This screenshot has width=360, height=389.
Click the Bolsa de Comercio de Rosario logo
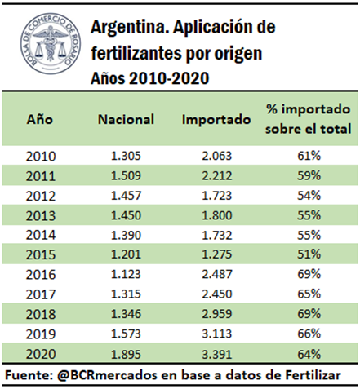[51, 44]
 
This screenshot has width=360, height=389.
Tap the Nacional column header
[126, 119]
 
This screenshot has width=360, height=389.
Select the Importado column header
[216, 120]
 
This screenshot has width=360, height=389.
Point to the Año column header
[40, 119]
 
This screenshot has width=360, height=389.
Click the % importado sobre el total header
[309, 119]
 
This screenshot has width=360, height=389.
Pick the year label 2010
[41, 157]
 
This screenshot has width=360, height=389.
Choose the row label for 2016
[41, 275]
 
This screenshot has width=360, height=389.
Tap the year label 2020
[41, 354]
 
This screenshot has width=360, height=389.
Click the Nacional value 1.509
[126, 175]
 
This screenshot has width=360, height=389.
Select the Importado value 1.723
[217, 196]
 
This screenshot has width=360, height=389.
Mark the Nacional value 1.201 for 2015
[126, 254]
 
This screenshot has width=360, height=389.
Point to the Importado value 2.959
[217, 314]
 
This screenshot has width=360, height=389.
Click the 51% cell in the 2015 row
[309, 254]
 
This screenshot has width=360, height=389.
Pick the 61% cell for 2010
[309, 156]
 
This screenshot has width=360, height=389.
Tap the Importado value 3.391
[217, 354]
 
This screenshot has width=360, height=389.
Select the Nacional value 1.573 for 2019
[126, 334]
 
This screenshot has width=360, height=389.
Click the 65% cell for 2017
[309, 294]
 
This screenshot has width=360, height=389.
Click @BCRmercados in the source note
[107, 375]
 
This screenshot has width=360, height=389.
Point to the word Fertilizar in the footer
[313, 375]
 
